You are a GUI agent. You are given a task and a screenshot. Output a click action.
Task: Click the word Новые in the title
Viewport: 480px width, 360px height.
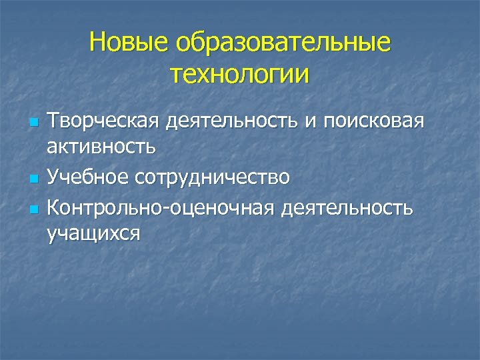coord(129,43)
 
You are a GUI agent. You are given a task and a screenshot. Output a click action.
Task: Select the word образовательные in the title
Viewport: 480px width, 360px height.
coord(283,43)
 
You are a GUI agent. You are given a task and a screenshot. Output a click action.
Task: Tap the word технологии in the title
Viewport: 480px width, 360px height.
coord(240,73)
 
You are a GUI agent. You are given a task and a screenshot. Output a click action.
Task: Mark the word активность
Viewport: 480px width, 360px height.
coord(102,148)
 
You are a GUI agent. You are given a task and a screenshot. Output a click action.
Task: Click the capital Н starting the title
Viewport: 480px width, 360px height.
coord(97,43)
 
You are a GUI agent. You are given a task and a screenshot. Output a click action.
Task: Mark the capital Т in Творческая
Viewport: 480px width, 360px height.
coord(53,122)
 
